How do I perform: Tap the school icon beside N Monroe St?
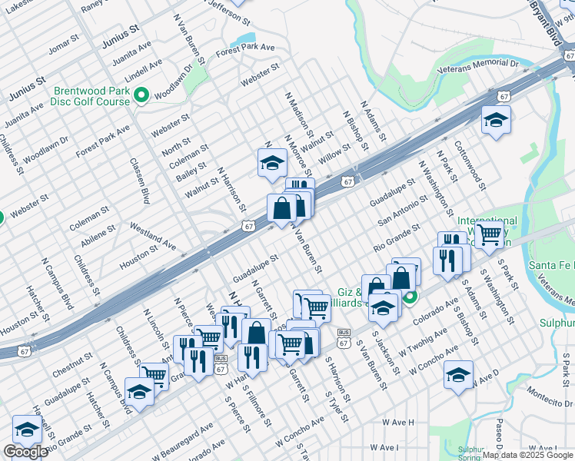tap(271, 164)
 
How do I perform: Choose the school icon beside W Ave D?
tap(458, 376)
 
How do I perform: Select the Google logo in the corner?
tap(25, 452)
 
